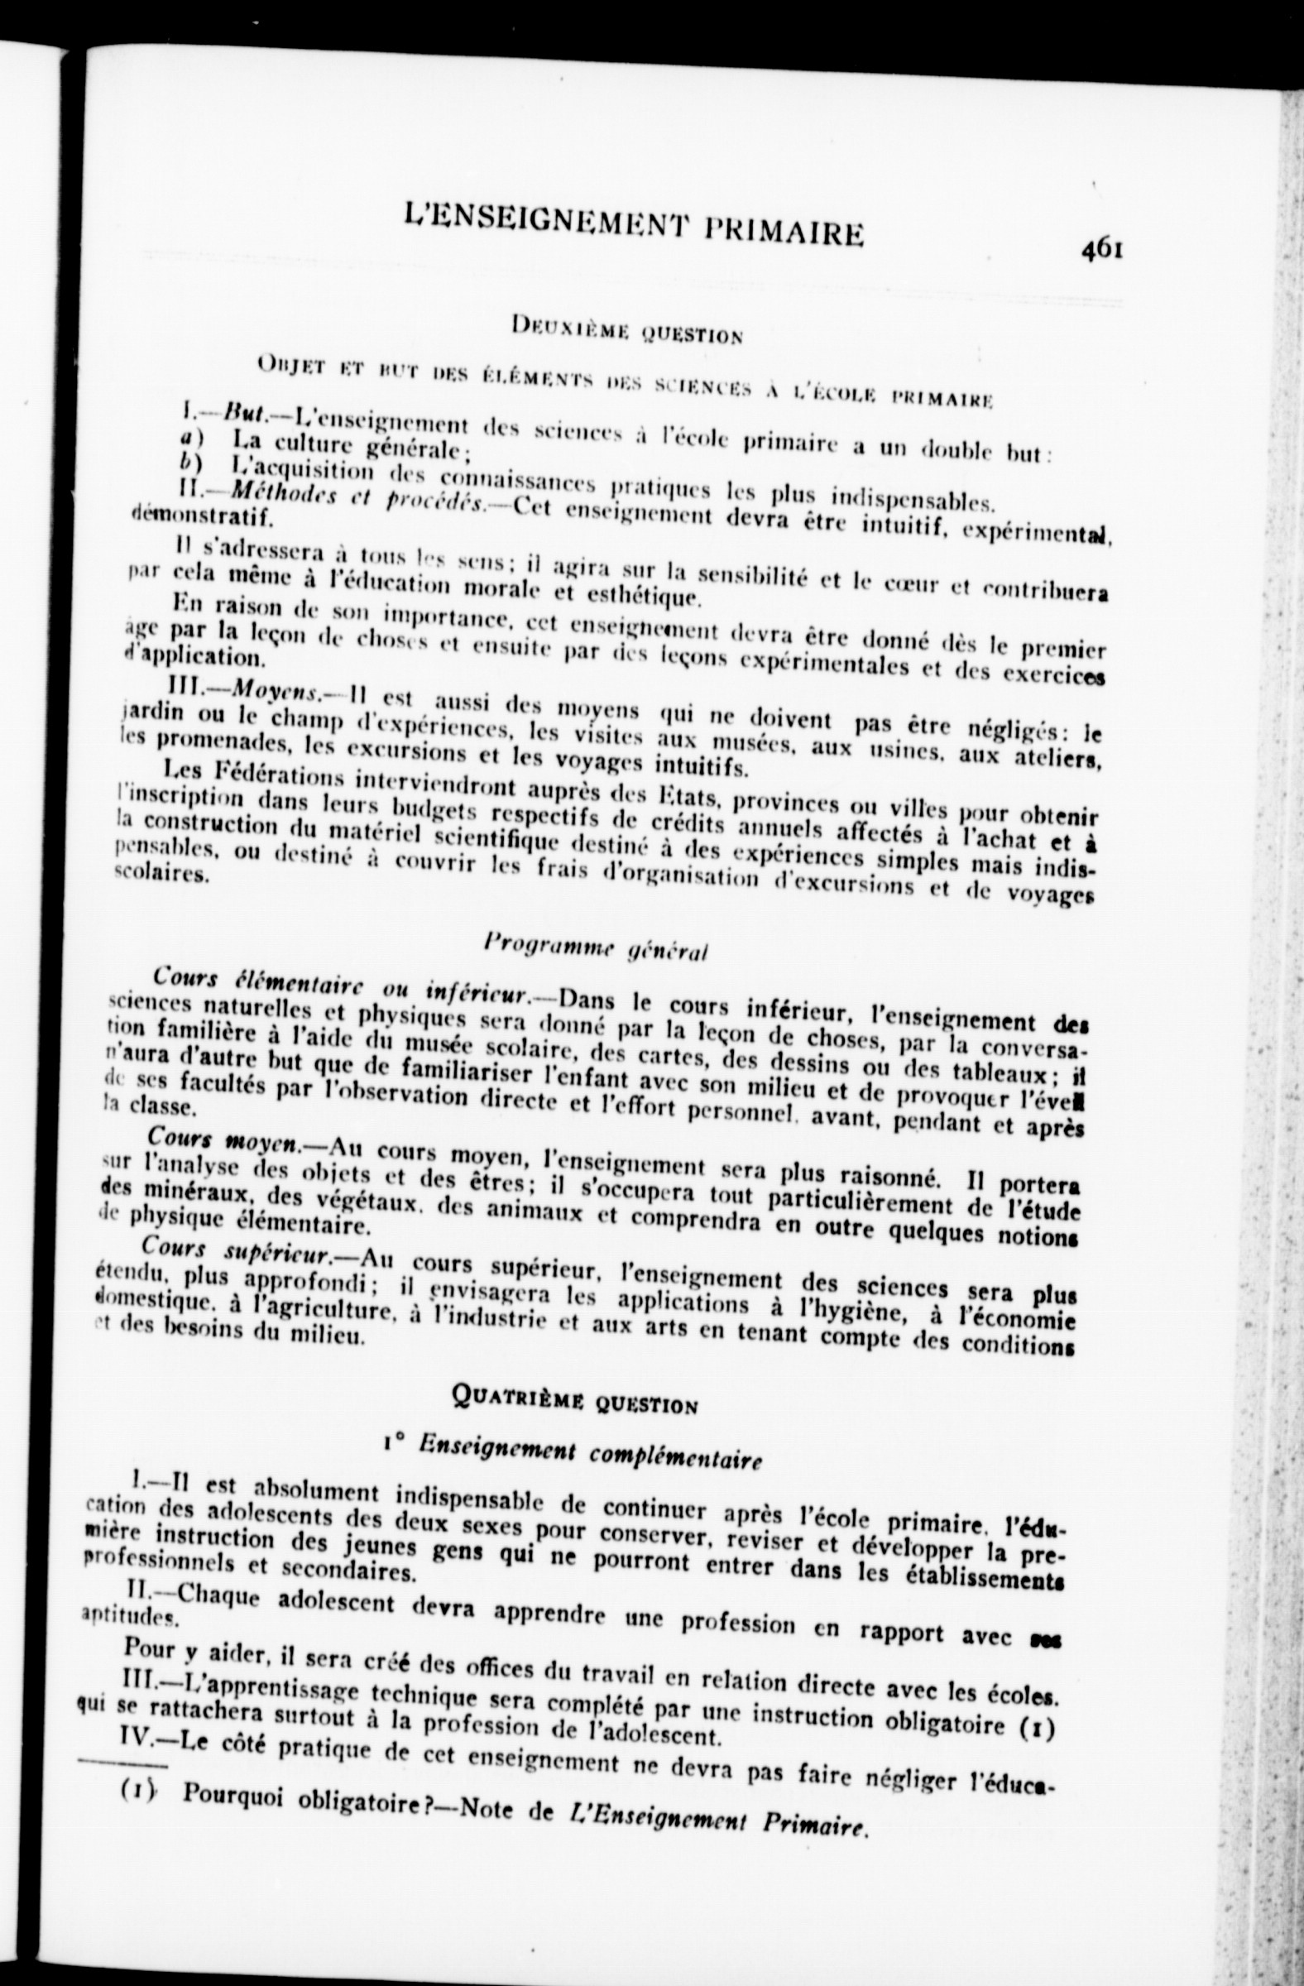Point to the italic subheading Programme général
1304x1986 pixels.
(596, 948)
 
